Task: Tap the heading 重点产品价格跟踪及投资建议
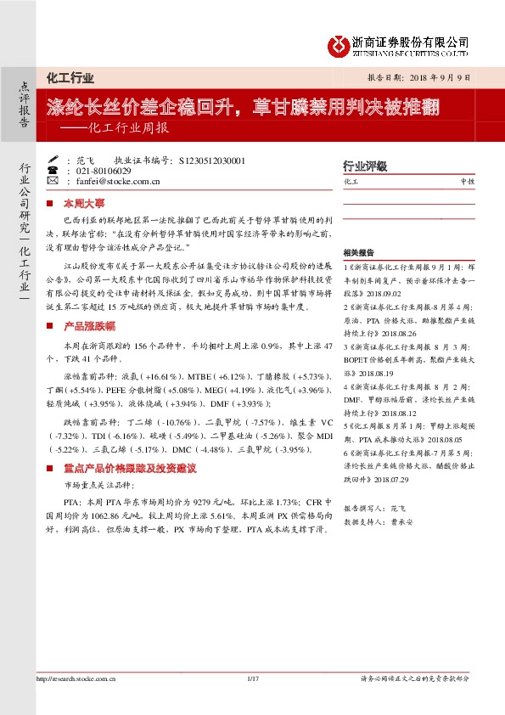[130, 468]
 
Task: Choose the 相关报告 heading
[357, 252]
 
